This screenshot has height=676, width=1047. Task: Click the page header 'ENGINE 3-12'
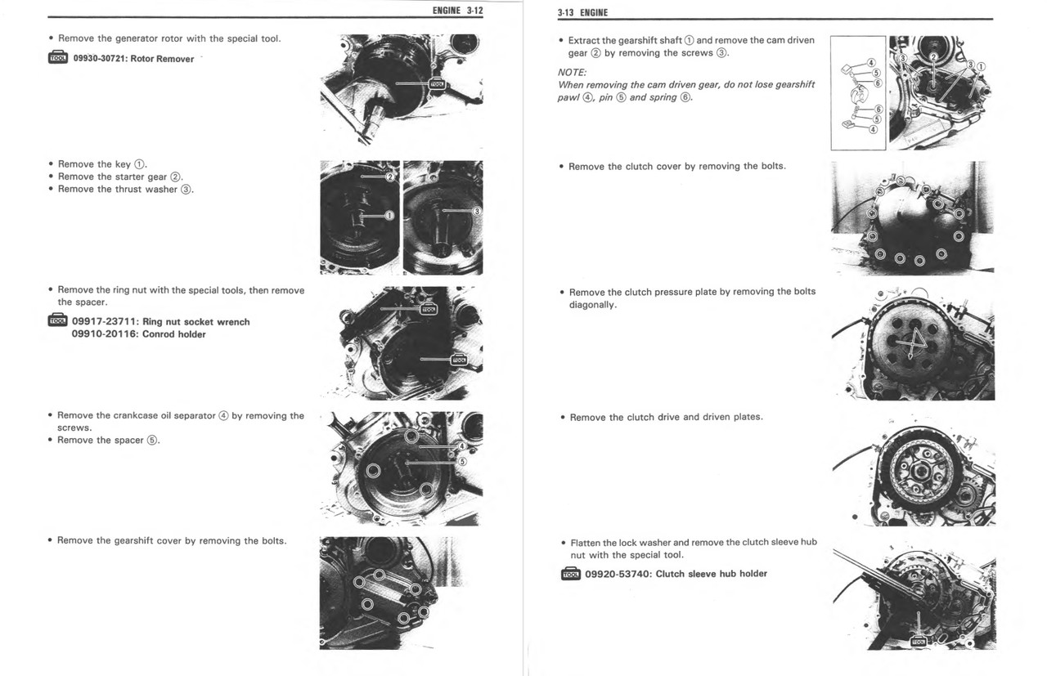pyautogui.click(x=457, y=11)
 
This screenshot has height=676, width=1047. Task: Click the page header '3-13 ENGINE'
pyautogui.click(x=582, y=12)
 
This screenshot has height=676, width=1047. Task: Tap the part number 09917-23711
pyautogui.click(x=105, y=322)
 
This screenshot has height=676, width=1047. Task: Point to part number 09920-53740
pyautogui.click(x=618, y=574)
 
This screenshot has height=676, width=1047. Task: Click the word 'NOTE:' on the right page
pyautogui.click(x=572, y=72)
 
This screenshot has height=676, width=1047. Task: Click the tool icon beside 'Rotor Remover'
pyautogui.click(x=58, y=58)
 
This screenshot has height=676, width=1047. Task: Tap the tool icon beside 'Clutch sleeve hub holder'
pyautogui.click(x=570, y=574)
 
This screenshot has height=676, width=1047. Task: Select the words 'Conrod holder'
pyautogui.click(x=173, y=334)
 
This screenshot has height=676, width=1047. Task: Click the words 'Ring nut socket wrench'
pyautogui.click(x=195, y=322)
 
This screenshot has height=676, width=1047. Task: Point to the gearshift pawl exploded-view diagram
pyautogui.click(x=857, y=92)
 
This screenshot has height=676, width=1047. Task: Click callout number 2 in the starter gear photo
pyautogui.click(x=390, y=177)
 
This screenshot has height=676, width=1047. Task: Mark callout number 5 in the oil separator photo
pyautogui.click(x=461, y=461)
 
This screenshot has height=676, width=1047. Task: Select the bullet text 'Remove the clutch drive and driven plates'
pyautogui.click(x=666, y=417)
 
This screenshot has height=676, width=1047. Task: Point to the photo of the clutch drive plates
pyautogui.click(x=914, y=472)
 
